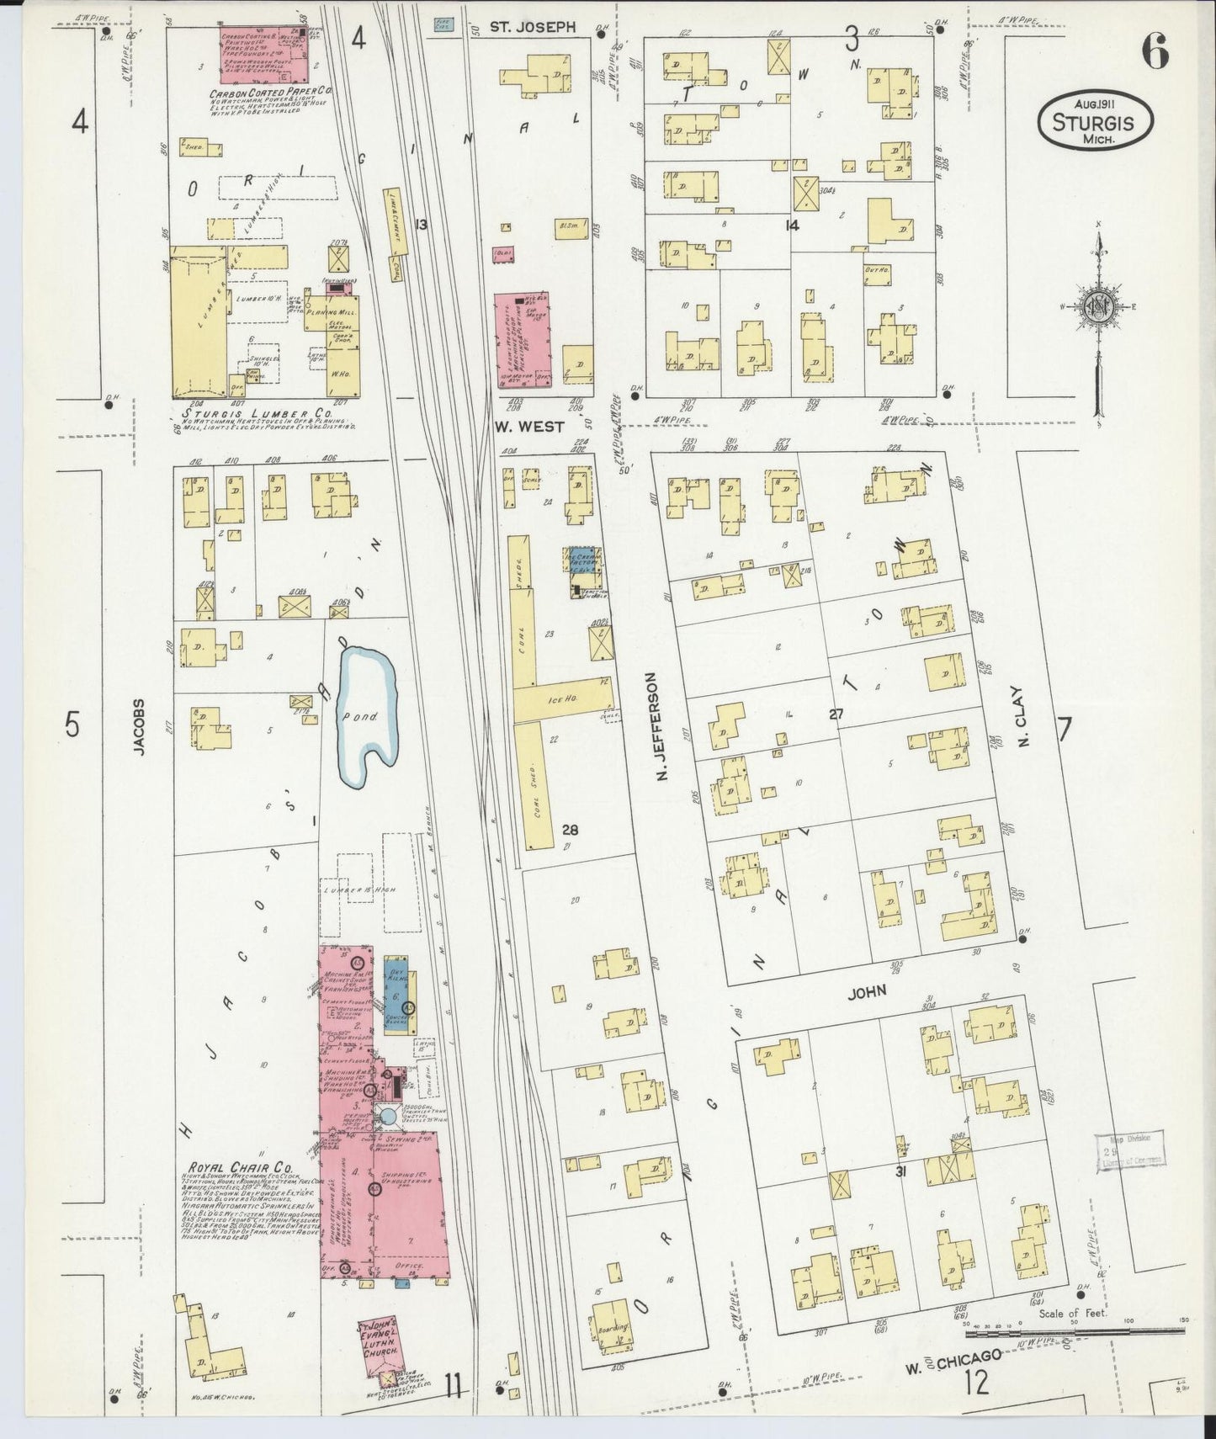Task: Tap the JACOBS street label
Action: click(x=139, y=727)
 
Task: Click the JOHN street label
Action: click(x=867, y=992)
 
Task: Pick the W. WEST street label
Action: click(x=528, y=427)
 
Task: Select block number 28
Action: click(x=570, y=830)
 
